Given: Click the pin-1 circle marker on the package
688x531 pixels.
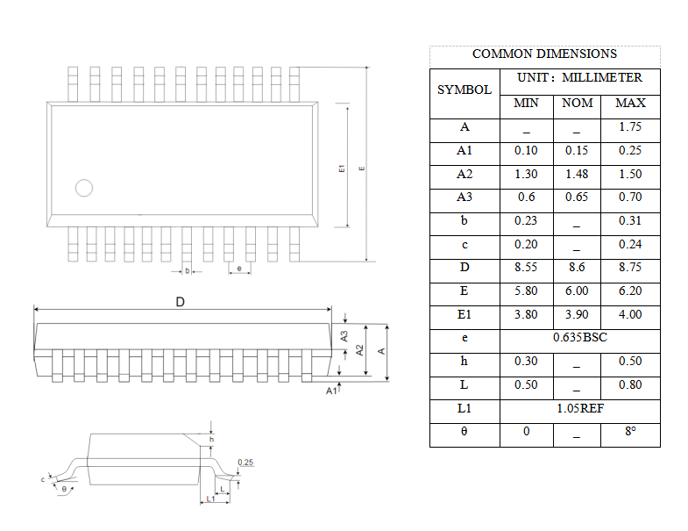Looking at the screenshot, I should pyautogui.click(x=84, y=188).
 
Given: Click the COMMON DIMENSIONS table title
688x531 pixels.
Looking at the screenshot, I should pyautogui.click(x=544, y=54).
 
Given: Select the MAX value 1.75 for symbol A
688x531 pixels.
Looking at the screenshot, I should pyautogui.click(x=630, y=127).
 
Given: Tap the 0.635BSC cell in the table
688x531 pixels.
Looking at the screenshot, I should pyautogui.click(x=579, y=338).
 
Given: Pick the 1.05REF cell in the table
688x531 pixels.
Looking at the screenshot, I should pyautogui.click(x=579, y=408).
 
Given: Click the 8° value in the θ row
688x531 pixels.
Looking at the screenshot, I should pyautogui.click(x=630, y=432).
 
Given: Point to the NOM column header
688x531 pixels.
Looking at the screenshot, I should pyautogui.click(x=577, y=104).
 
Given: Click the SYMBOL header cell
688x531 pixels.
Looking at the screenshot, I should pyautogui.click(x=465, y=90).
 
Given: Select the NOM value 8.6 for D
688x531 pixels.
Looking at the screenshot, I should pyautogui.click(x=577, y=268).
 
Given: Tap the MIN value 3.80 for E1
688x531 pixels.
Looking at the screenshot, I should pyautogui.click(x=526, y=314).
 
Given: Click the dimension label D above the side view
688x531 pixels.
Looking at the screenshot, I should pyautogui.click(x=180, y=302).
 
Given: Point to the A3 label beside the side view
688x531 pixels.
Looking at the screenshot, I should pyautogui.click(x=344, y=335).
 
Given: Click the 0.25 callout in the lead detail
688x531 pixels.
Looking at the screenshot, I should pyautogui.click(x=245, y=463).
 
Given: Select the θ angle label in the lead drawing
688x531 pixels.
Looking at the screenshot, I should pyautogui.click(x=63, y=488).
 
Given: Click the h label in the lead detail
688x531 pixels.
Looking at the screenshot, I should pyautogui.click(x=211, y=439).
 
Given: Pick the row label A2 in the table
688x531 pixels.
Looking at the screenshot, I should pyautogui.click(x=465, y=174).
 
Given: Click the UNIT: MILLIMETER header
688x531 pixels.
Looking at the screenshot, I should pyautogui.click(x=579, y=78).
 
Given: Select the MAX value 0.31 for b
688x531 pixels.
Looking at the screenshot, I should pyautogui.click(x=630, y=221).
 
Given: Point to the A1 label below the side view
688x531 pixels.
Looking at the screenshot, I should pyautogui.click(x=331, y=391).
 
